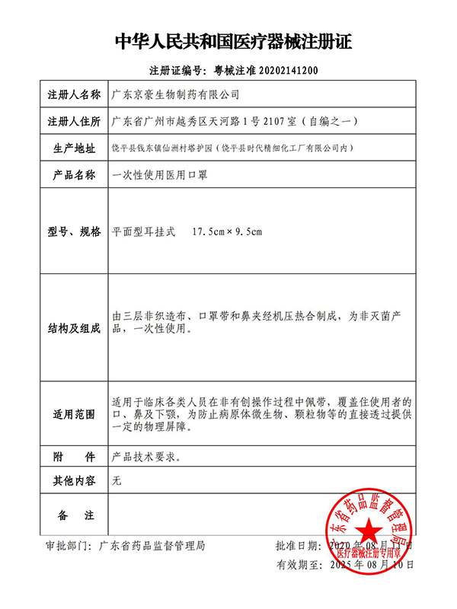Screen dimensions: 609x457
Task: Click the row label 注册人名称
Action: click(x=73, y=95)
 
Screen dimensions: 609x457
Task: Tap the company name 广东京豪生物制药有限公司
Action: click(x=175, y=95)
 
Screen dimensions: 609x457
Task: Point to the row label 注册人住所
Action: click(x=73, y=121)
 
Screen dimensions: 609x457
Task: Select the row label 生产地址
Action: click(x=73, y=148)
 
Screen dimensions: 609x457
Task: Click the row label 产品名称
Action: click(x=73, y=174)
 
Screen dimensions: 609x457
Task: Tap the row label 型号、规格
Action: click(x=73, y=231)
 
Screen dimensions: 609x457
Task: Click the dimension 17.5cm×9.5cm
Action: click(x=226, y=231)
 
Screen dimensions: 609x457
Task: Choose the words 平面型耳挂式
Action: click(x=143, y=231)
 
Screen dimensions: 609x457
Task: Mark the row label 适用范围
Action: click(x=73, y=415)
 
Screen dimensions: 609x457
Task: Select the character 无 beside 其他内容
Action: click(x=117, y=481)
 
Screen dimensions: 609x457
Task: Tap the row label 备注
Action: click(x=73, y=516)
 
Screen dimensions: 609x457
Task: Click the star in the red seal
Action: click(x=369, y=528)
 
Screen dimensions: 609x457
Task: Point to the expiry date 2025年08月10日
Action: click(x=368, y=566)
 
